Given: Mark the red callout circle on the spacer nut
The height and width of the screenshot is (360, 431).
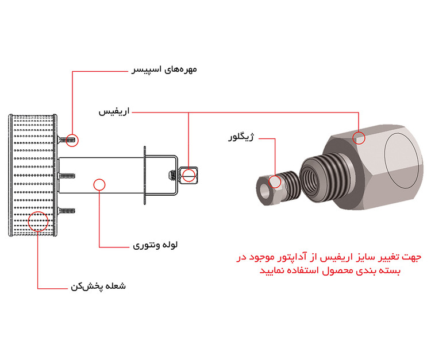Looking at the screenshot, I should pos(72,139).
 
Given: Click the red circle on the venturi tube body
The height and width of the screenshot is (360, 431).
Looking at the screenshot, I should pos(99,184).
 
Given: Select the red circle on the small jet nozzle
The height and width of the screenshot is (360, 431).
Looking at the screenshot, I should pos(275,182).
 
